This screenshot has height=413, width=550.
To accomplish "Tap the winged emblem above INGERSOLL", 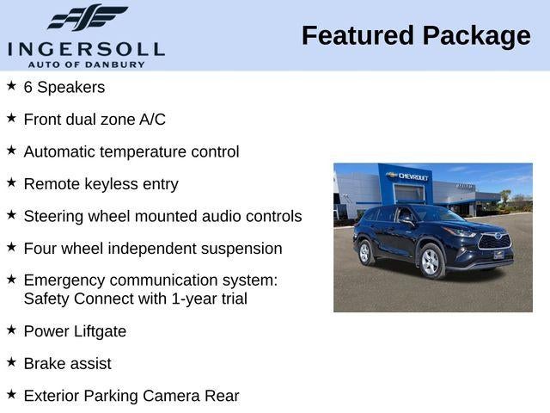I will [x=87, y=17].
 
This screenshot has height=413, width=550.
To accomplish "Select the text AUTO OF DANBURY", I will [x=86, y=64].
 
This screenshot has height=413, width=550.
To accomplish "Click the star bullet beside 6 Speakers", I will [x=11, y=86].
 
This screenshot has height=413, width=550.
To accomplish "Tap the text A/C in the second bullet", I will [x=152, y=120].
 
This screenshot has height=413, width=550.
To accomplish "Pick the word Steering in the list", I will [x=53, y=217].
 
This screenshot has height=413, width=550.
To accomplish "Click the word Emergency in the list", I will [x=64, y=280].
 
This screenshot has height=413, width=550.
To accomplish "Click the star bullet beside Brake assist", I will [x=11, y=362].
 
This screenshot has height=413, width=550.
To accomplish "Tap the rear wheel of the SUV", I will [x=364, y=251].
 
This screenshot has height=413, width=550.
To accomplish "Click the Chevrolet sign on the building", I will [x=409, y=176].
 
